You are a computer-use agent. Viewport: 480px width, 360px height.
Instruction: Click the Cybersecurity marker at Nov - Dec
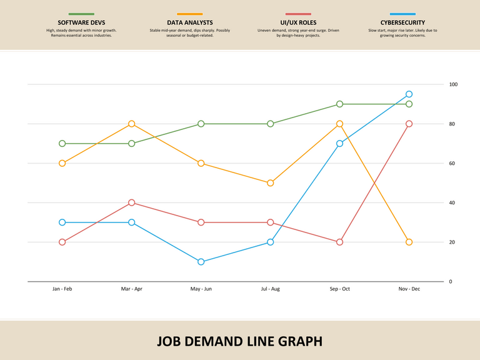[x=409, y=94]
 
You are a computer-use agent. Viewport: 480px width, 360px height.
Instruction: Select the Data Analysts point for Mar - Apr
[x=131, y=124]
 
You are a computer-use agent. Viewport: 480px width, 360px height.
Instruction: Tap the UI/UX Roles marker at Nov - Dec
[x=409, y=124]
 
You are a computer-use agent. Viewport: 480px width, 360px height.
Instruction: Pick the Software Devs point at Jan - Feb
[x=62, y=144]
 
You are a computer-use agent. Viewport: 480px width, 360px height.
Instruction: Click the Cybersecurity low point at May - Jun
[x=201, y=262]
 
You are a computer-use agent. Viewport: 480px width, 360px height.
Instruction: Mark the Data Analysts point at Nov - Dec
[x=409, y=242]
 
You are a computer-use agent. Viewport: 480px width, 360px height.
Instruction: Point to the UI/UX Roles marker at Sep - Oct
[x=339, y=242]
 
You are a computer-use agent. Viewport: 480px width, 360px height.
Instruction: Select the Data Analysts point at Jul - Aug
[x=270, y=183]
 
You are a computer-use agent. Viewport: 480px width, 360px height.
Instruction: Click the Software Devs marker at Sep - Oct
[x=339, y=104]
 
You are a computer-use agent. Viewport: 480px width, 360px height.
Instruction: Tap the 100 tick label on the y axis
[x=453, y=84]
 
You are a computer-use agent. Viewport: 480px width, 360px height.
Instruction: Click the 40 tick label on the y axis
[x=452, y=203]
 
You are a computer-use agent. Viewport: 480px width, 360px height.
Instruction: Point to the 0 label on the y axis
[x=451, y=282]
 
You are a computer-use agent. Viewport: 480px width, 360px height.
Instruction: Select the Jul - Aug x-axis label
[x=270, y=289]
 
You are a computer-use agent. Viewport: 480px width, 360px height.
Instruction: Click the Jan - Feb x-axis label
[x=62, y=289]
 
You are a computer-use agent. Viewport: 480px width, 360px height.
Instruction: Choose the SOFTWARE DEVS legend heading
[x=81, y=22]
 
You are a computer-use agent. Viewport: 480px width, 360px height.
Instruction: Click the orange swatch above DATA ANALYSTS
[x=189, y=14]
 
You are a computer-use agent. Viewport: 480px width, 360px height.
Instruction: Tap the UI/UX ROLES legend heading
[x=298, y=22]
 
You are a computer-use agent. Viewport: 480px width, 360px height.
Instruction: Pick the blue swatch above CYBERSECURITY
[x=402, y=14]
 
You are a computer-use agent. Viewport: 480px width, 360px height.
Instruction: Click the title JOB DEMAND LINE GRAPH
[x=240, y=341]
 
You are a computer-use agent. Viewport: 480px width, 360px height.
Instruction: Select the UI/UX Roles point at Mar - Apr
[x=131, y=202]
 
